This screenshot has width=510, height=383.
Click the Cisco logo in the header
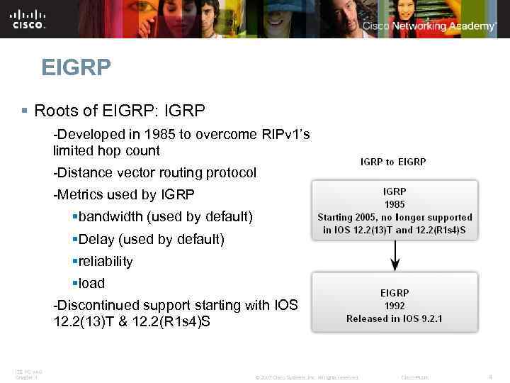28,19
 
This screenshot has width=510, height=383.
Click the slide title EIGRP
76,68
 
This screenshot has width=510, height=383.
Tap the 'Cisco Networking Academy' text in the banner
429,26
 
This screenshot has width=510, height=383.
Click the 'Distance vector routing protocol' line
154,172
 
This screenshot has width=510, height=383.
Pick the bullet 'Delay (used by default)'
152,239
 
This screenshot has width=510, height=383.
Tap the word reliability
106,261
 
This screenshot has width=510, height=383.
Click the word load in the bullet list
91,283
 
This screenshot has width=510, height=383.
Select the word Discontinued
95,305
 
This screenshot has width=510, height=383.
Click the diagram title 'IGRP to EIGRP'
393,162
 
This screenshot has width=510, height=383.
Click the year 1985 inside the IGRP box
395,204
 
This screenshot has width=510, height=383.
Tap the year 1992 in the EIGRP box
395,306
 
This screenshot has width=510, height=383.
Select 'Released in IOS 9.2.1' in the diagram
395,318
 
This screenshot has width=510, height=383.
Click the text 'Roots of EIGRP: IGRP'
119,111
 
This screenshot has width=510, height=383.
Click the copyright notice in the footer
307,377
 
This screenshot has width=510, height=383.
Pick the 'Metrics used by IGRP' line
123,194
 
